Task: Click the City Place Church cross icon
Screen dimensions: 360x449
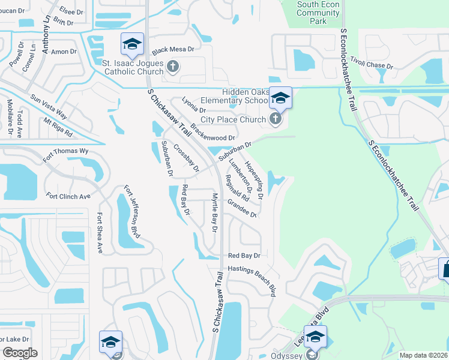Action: click(x=276, y=119)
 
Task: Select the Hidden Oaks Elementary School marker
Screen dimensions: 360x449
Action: click(x=280, y=98)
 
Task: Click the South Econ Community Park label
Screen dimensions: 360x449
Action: click(x=318, y=13)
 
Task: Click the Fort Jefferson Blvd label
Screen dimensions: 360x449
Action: click(x=132, y=212)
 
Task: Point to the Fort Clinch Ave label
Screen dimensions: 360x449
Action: click(x=68, y=196)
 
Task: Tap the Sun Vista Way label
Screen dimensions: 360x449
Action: click(x=49, y=107)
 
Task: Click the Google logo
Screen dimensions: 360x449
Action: click(x=20, y=353)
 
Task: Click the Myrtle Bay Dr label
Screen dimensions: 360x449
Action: click(x=214, y=212)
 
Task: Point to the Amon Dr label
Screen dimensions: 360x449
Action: click(x=64, y=52)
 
